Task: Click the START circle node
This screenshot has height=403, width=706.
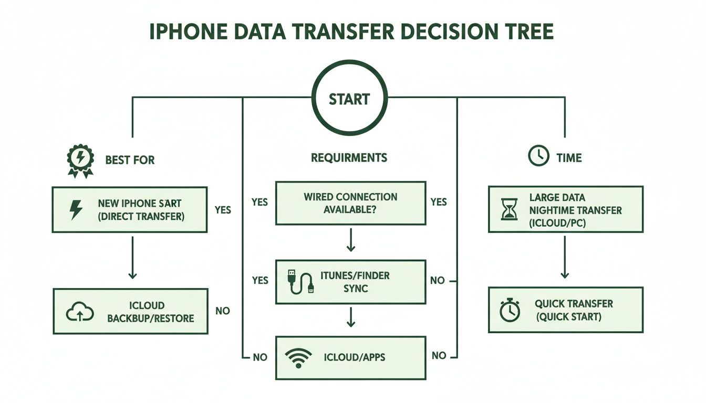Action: click(349, 99)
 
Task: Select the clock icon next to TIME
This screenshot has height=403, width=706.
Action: click(538, 156)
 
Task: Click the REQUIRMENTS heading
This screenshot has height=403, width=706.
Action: click(349, 157)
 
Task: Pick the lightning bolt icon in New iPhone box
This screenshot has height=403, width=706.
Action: click(76, 209)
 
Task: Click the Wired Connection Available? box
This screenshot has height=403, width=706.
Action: click(350, 203)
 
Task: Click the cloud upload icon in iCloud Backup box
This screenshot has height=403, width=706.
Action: click(79, 312)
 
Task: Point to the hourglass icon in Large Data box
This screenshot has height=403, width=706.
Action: click(510, 209)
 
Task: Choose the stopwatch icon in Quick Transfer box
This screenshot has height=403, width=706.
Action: click(510, 310)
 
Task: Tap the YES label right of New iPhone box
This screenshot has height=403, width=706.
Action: click(223, 210)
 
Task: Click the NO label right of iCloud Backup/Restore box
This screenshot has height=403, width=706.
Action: click(223, 311)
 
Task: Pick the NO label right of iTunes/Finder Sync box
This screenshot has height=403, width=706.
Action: click(437, 281)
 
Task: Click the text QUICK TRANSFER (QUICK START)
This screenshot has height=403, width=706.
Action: click(574, 310)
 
